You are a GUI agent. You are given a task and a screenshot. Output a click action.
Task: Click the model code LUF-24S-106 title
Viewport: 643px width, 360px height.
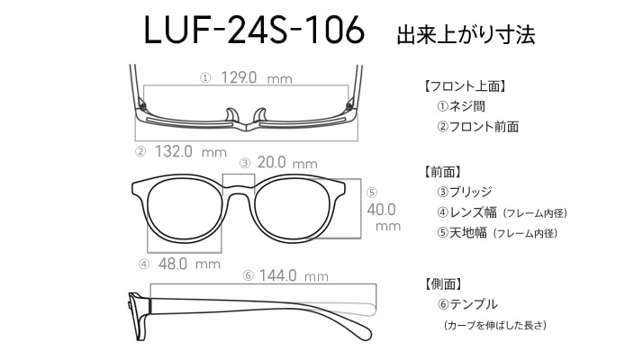point(254,30)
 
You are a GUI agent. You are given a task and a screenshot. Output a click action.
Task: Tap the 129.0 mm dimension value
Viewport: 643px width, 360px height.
point(257,77)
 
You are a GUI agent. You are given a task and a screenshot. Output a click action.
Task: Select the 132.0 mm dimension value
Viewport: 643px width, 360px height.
point(191,152)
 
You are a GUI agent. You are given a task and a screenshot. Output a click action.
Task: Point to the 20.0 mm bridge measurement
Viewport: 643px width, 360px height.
point(287,163)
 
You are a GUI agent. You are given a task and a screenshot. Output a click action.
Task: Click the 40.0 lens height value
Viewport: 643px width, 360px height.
point(381,210)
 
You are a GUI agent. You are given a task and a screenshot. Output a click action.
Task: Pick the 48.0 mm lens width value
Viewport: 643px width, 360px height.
point(189,264)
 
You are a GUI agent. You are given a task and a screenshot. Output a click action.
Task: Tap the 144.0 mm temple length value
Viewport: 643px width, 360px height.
point(294,275)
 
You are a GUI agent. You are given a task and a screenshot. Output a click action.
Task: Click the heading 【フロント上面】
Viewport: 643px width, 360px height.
point(465,86)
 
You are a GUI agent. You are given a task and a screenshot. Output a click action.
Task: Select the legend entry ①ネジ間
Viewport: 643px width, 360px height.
point(461,106)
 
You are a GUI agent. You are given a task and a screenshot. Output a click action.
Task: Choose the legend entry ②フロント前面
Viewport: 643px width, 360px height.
point(477,127)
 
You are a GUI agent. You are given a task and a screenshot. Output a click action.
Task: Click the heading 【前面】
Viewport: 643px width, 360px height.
point(442,172)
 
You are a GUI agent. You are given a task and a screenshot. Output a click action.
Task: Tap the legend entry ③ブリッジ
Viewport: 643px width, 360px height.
point(465,192)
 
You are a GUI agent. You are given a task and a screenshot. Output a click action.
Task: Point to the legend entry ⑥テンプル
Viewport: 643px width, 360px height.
point(467,304)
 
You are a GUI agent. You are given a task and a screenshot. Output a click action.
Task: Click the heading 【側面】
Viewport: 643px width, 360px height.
point(442,283)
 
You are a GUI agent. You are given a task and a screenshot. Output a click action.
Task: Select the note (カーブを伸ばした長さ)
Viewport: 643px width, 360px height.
point(495,326)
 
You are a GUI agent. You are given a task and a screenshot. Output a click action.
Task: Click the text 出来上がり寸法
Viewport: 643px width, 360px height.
point(466,35)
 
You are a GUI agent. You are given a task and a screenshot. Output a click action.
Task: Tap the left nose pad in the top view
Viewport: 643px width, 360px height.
point(231,115)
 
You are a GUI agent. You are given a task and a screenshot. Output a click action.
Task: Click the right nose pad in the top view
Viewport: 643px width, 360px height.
point(260,115)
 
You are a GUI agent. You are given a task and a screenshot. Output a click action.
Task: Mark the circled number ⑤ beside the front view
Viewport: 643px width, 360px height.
point(372,193)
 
